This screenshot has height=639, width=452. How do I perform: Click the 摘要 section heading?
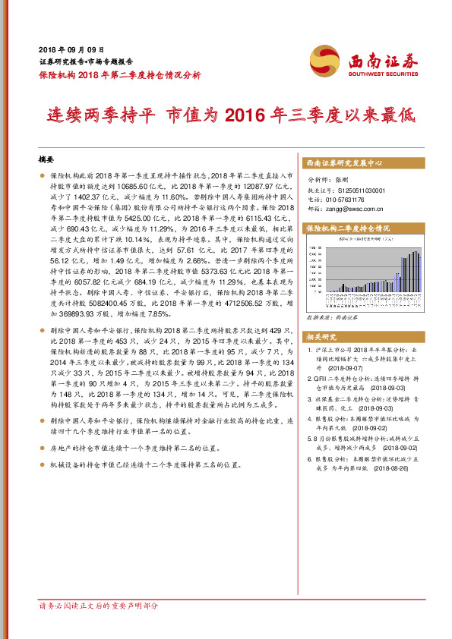pos(47,161)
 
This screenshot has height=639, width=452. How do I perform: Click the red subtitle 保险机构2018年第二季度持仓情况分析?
pos(119,74)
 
